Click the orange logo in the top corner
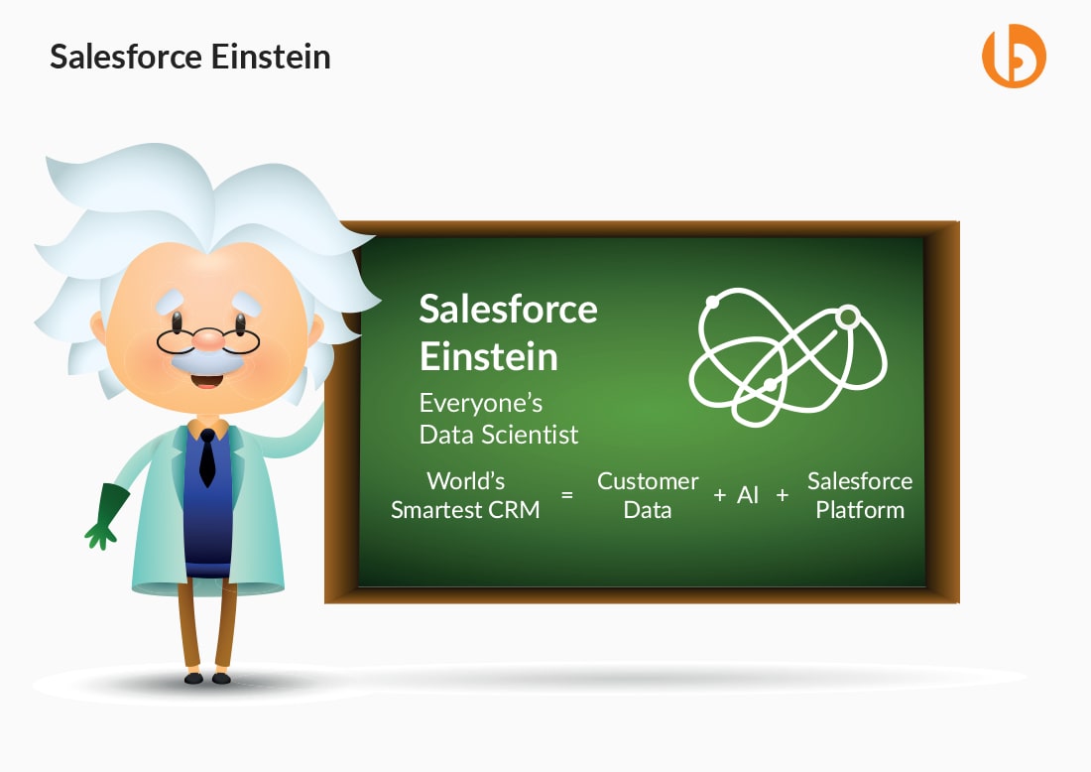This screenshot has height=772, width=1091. coord(1014,56)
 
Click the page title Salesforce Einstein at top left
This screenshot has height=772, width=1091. coord(190,58)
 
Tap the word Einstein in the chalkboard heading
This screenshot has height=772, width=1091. coord(488,356)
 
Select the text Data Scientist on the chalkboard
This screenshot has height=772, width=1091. coord(498,435)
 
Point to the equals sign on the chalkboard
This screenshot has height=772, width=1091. coord(567,495)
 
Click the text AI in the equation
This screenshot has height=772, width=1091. coord(747,495)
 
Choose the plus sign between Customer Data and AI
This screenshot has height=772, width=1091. coord(720,495)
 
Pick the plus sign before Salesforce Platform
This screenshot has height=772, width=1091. coord(783,495)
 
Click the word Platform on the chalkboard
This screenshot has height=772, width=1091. coord(860,510)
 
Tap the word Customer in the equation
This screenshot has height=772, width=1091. coord(648,481)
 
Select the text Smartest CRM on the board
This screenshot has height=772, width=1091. coord(465,510)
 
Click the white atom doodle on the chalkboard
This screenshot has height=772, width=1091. coord(788,356)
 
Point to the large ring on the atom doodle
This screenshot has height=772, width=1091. coord(847,318)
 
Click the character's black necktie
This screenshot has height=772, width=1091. coord(207,457)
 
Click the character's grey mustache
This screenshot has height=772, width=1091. coord(206,361)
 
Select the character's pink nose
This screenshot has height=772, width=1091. coord(208,339)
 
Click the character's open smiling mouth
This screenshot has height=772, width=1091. coord(206,380)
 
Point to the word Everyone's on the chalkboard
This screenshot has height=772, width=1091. coord(481,403)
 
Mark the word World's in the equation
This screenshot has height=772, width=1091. coord(465,481)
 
